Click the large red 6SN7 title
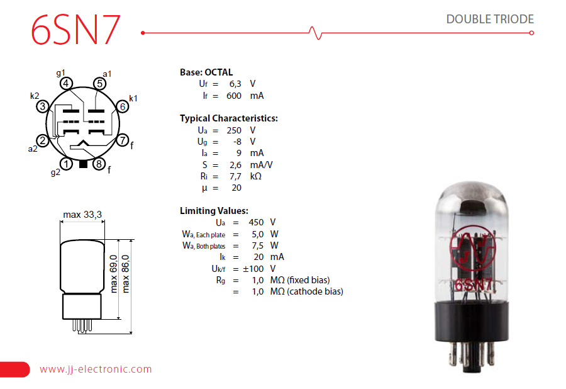(x=75, y=30)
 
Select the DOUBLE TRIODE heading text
(x=490, y=19)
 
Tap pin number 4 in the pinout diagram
(x=65, y=84)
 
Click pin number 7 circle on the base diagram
(x=123, y=140)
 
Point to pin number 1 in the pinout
(x=66, y=164)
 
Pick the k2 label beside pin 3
(x=35, y=96)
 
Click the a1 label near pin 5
(x=107, y=74)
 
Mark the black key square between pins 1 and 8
(x=83, y=164)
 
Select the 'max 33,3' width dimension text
(x=82, y=215)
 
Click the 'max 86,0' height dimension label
(x=125, y=274)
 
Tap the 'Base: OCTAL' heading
(x=206, y=72)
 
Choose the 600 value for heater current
(x=234, y=96)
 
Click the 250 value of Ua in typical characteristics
(x=234, y=130)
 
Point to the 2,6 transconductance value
(x=235, y=165)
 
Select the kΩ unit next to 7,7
(x=255, y=176)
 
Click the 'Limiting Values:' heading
(x=214, y=211)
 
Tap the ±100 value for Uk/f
(x=253, y=269)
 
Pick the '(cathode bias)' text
(x=315, y=291)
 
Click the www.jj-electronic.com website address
(x=96, y=369)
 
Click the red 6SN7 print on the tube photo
(x=473, y=285)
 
